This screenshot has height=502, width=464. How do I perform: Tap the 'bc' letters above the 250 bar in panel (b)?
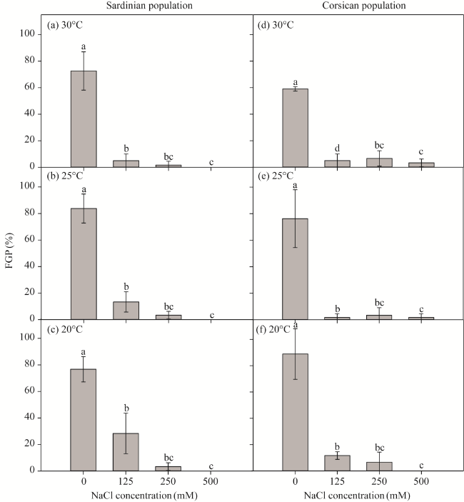pyautogui.click(x=168, y=306)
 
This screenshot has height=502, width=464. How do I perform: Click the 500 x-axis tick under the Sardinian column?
pyautogui.click(x=210, y=482)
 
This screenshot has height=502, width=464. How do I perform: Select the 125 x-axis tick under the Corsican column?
pyautogui.click(x=337, y=482)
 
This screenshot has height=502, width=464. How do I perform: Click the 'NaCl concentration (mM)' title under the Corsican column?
pyautogui.click(x=359, y=495)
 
